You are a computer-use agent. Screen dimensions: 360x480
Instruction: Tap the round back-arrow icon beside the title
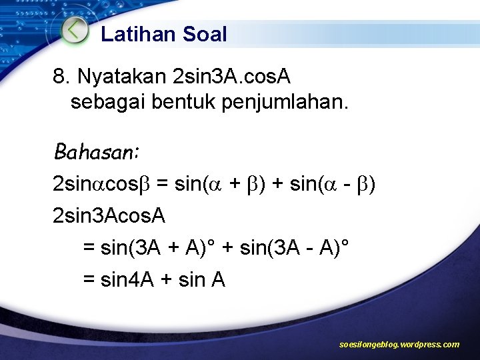(x=75, y=31)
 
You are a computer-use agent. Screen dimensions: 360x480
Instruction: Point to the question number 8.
(x=59, y=77)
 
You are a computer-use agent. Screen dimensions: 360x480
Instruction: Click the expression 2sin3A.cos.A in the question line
(x=231, y=77)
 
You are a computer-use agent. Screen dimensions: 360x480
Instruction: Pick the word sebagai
(x=102, y=103)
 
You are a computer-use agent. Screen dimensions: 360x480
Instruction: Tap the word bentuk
(x=166, y=103)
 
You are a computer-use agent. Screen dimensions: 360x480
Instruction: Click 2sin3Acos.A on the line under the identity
(x=109, y=215)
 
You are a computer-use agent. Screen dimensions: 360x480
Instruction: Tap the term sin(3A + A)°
(x=157, y=248)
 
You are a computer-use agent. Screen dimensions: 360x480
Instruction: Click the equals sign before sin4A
(x=89, y=281)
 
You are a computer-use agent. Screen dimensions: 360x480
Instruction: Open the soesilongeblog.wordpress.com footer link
(x=399, y=345)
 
